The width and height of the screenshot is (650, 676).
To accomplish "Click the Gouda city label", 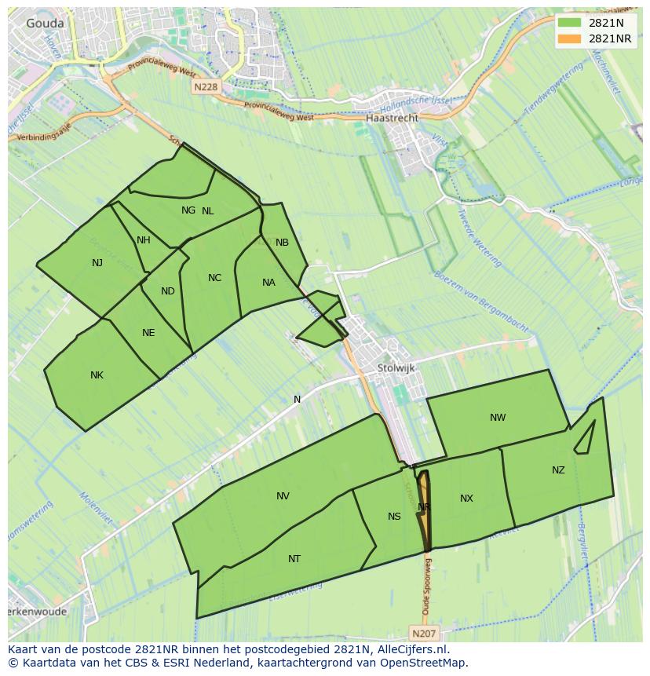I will (45, 24).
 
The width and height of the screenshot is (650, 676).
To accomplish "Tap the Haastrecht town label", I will (392, 118).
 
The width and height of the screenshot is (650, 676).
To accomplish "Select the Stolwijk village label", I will (396, 367).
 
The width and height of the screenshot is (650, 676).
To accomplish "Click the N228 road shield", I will (205, 87).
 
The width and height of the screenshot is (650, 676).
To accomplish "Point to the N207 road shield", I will (423, 632).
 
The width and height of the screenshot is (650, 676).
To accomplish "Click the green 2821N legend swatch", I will (570, 24).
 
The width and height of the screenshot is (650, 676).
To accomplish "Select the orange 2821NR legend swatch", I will (570, 38).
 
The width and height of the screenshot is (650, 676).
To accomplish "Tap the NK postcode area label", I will (97, 375).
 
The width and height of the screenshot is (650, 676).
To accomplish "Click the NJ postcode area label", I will (97, 263).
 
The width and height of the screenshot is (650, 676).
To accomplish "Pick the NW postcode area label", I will (498, 418).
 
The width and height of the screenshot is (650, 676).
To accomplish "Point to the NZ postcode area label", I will (558, 470).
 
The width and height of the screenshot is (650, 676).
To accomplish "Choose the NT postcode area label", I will (294, 559).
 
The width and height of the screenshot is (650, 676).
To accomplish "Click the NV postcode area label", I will (283, 496).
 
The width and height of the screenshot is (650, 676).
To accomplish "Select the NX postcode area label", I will (466, 499).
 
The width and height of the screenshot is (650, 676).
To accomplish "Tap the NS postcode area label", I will (394, 516).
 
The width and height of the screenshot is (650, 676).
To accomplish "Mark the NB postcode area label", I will (282, 243).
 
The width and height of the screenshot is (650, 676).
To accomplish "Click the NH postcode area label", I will (143, 240).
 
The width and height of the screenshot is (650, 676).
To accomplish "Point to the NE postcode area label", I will (148, 333).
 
